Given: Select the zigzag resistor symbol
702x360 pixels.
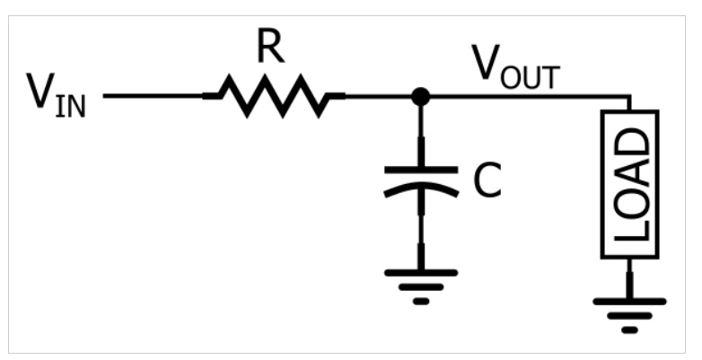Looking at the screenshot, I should point(274,95).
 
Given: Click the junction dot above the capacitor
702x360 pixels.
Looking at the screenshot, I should point(420,95).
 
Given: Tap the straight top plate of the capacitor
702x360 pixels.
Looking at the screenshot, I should point(420,168).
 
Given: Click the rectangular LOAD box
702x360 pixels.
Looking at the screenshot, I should point(629,184).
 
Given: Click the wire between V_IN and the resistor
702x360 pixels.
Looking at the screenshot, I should point(153,95).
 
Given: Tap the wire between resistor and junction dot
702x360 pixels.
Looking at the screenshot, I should point(377,95).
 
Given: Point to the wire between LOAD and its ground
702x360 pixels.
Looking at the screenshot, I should point(629,277).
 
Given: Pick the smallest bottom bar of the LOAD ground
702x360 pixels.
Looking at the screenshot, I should point(629,329).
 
